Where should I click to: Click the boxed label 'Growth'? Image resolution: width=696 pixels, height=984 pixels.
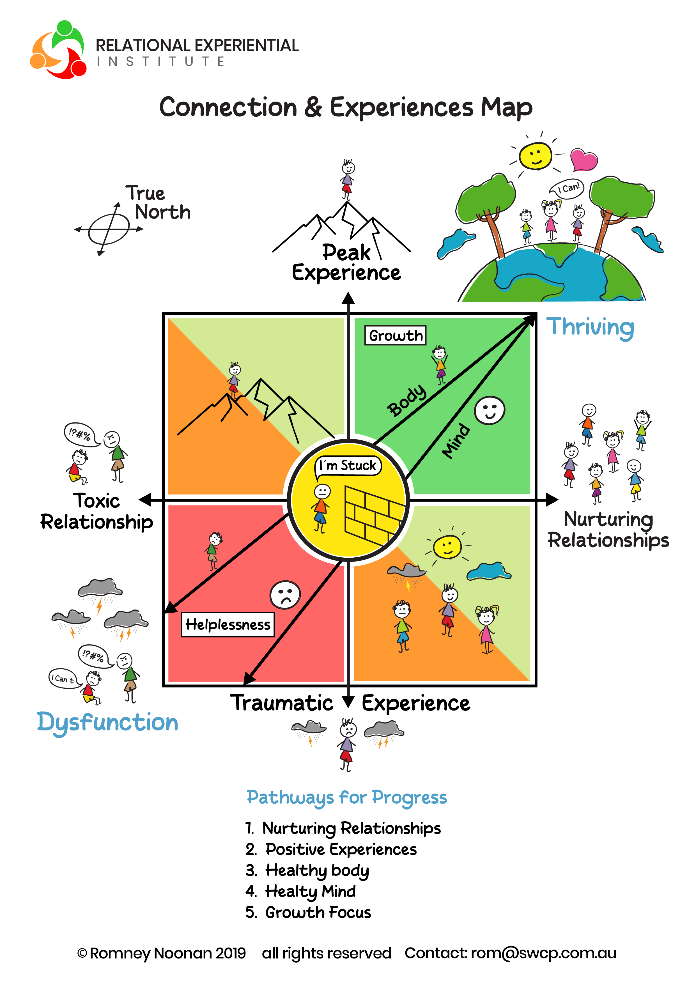[395, 335]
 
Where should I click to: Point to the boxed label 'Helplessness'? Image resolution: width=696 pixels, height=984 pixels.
[228, 625]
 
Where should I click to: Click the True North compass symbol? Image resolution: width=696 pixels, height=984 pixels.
[109, 229]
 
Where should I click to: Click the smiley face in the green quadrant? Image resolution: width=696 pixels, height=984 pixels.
[490, 410]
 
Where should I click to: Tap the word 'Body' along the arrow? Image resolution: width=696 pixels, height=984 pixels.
[406, 401]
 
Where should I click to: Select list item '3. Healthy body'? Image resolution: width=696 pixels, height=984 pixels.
[307, 870]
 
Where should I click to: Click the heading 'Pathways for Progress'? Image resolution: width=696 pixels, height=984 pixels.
[347, 797]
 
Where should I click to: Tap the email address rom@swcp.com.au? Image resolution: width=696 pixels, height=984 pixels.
[543, 953]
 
